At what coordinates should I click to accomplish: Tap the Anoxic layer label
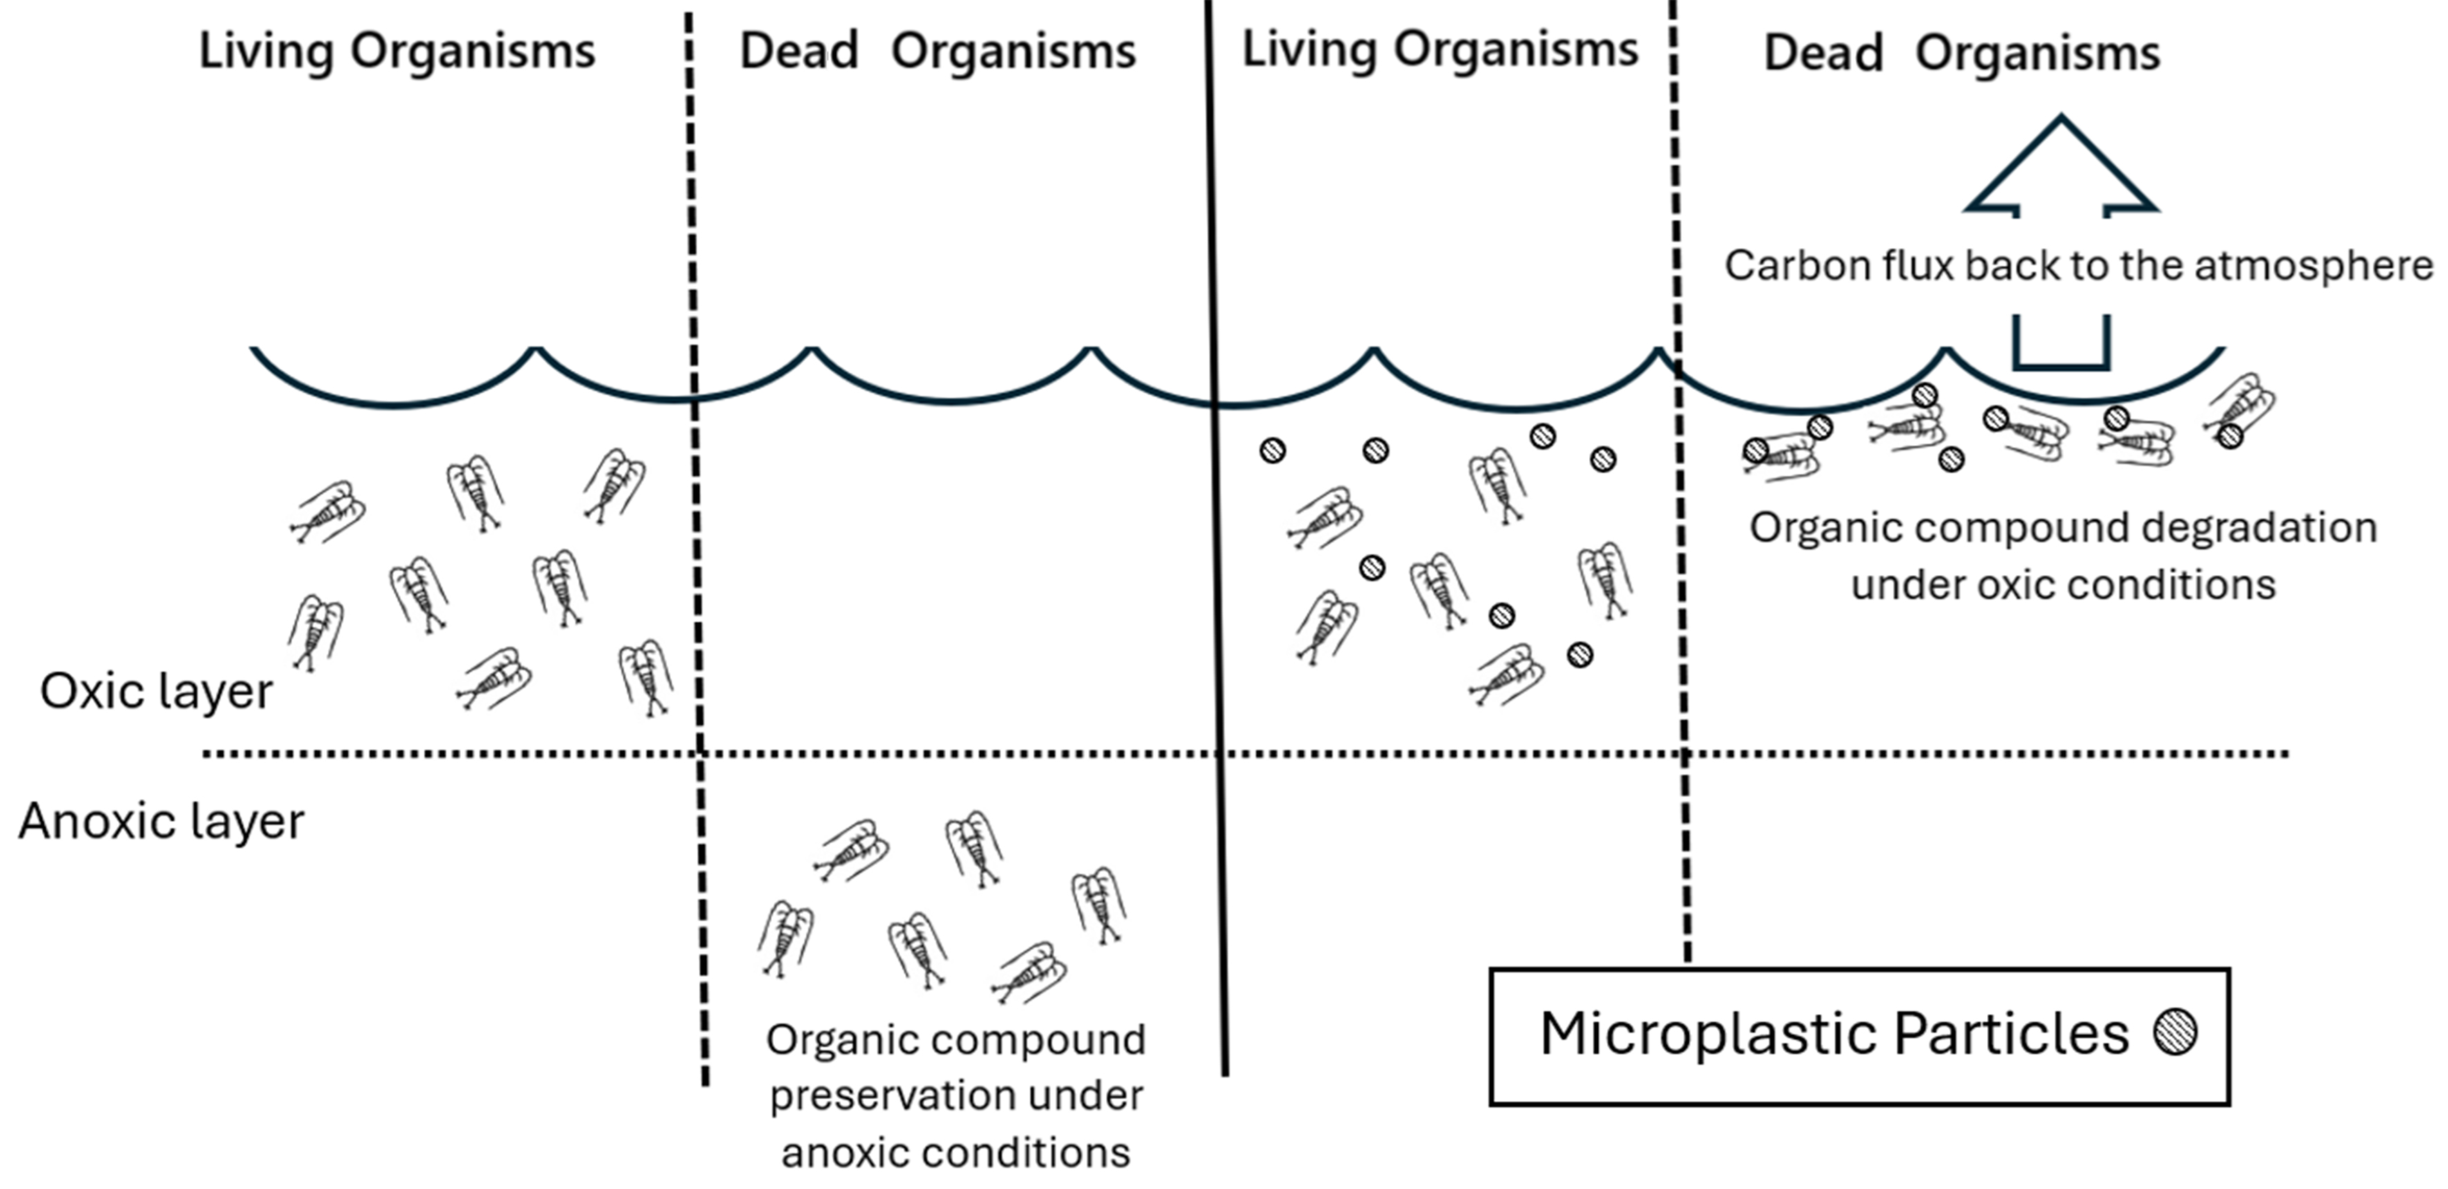162,821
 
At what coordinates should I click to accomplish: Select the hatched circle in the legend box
2175,1032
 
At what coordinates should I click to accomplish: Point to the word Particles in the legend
2011,1034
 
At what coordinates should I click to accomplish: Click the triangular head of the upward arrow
2061,167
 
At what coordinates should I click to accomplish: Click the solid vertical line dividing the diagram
1216,570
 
